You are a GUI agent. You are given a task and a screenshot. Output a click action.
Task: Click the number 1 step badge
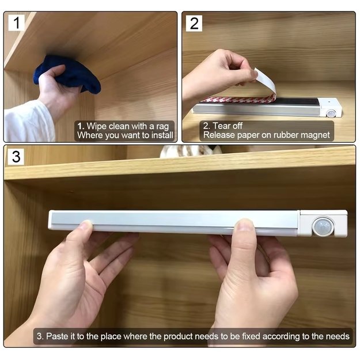(x=16, y=22)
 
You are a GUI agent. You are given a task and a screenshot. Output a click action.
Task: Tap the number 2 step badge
(x=194, y=23)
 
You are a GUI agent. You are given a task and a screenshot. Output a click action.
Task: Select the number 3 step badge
(x=16, y=157)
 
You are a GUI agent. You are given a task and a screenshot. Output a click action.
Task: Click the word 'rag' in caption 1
(x=162, y=127)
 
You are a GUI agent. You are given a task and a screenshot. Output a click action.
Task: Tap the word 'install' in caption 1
(x=162, y=135)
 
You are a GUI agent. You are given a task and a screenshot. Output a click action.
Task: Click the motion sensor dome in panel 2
(x=331, y=113)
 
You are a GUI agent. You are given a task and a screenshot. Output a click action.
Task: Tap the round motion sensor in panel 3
(x=323, y=226)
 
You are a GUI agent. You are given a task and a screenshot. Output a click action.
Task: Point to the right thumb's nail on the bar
(x=245, y=224)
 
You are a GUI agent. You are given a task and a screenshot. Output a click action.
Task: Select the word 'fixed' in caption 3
(x=251, y=336)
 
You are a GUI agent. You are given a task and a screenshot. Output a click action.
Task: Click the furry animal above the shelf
(x=191, y=151)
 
